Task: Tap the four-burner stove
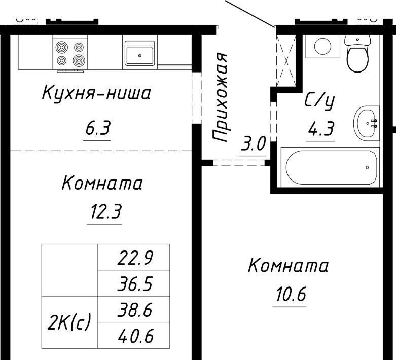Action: click(x=70, y=54)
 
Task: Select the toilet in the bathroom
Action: click(x=357, y=53)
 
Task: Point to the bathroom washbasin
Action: click(x=367, y=123)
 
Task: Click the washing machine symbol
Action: click(x=322, y=47)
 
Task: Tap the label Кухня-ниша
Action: click(x=96, y=93)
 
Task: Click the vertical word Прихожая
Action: click(x=219, y=97)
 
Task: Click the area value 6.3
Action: click(x=97, y=128)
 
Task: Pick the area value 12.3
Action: click(x=105, y=211)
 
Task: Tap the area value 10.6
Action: click(x=291, y=294)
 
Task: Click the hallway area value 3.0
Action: click(x=253, y=144)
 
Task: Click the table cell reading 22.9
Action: click(x=133, y=257)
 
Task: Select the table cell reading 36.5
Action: click(x=133, y=283)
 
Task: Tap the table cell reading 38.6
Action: click(x=133, y=309)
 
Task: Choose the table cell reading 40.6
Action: click(x=133, y=336)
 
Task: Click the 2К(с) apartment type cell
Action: click(x=69, y=322)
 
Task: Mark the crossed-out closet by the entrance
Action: click(x=286, y=61)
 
